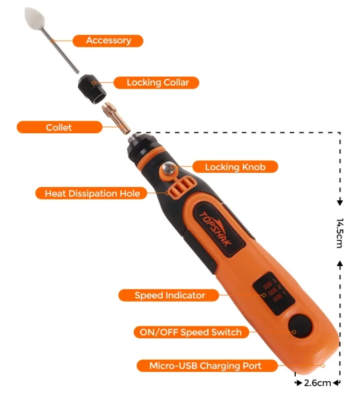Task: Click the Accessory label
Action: click(x=108, y=41)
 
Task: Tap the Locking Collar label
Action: click(x=156, y=82)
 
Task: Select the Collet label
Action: click(x=59, y=127)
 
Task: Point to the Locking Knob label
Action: click(x=235, y=167)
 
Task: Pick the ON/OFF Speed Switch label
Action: click(x=191, y=332)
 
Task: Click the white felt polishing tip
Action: click(x=35, y=19)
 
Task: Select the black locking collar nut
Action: click(x=92, y=89)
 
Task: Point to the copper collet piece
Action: click(x=115, y=118)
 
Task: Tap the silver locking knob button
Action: click(x=169, y=168)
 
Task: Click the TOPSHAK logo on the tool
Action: click(x=215, y=229)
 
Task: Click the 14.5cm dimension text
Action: click(x=340, y=233)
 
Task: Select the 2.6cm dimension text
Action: click(x=317, y=383)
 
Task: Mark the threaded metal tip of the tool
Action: click(x=133, y=138)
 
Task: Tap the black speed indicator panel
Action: click(x=273, y=294)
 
